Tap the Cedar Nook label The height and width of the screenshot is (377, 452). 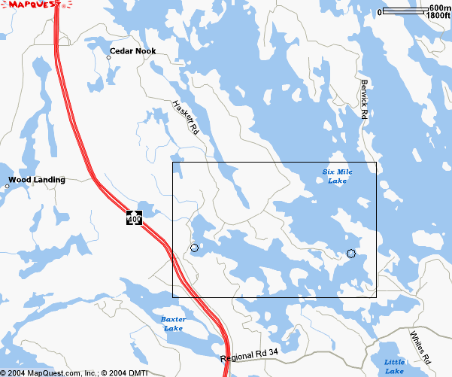click(132, 51)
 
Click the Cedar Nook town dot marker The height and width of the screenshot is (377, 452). click(108, 57)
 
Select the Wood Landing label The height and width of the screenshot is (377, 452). click(37, 180)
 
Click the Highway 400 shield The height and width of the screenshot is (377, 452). click(134, 218)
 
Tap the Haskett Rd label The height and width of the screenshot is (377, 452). click(185, 117)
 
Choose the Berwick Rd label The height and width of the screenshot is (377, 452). click(364, 99)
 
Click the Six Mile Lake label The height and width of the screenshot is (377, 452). click(337, 177)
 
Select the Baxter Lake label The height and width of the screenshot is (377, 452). click(174, 324)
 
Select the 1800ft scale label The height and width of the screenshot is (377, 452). click(438, 15)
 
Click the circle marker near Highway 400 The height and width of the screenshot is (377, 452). click(194, 248)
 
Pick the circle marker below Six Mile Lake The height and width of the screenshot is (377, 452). click(350, 254)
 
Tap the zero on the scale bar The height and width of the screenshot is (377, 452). click(381, 12)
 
